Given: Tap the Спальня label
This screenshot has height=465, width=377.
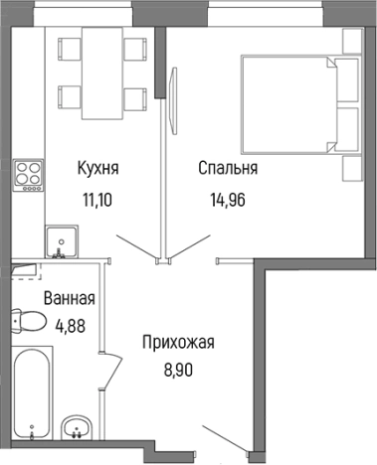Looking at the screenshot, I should pos(228,169).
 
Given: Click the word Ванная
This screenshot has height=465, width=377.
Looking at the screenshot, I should pos(68,298).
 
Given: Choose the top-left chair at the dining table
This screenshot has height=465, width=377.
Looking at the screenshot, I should pos(69,50).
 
